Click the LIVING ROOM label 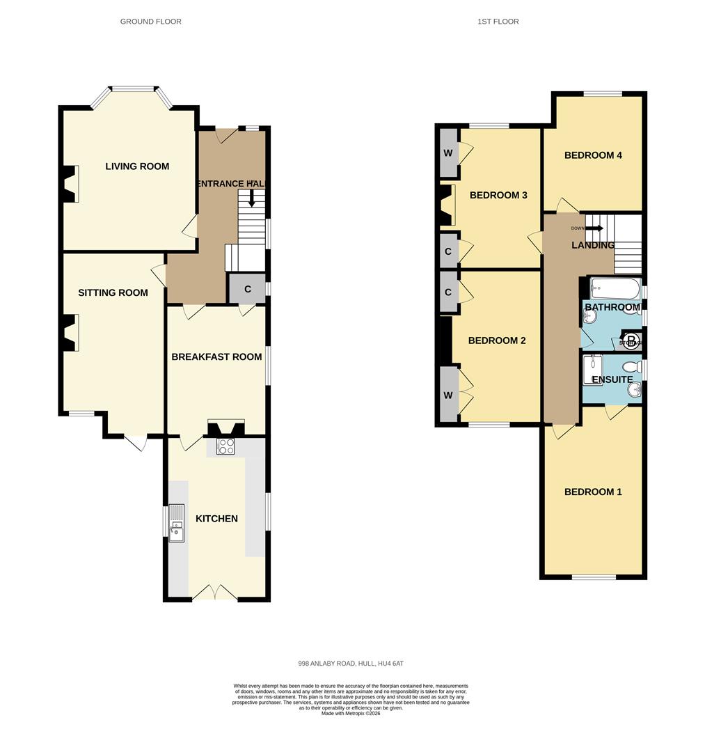point(137,166)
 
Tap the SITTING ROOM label point(113,292)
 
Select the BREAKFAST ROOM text point(216,357)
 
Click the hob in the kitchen point(225,446)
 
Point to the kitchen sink point(176,524)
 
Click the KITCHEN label point(216,519)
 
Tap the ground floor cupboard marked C point(248,289)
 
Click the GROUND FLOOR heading point(151,22)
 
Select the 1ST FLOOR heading point(498,22)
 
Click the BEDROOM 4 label point(593,155)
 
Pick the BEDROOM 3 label point(498,195)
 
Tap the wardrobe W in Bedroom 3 point(447,152)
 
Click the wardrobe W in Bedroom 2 point(447,395)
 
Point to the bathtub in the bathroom point(615,288)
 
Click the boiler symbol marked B point(631,340)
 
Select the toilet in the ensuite point(632,367)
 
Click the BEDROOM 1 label point(593,492)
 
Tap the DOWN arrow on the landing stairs point(593,228)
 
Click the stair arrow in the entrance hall point(251,199)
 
